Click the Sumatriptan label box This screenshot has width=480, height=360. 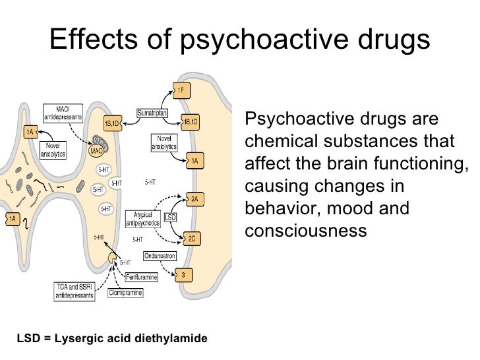[152, 113]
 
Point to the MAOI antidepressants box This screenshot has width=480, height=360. [63, 111]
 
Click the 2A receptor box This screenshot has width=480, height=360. [195, 198]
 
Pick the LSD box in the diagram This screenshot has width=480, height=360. [170, 217]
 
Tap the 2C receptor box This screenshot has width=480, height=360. [192, 239]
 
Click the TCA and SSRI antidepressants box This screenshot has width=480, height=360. [73, 291]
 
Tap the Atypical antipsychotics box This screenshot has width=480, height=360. [142, 218]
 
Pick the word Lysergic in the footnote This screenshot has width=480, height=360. [77, 339]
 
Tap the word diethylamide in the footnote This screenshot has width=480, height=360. [171, 339]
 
